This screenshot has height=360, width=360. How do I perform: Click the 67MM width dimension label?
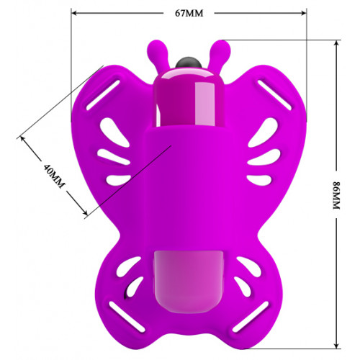tap(189, 13)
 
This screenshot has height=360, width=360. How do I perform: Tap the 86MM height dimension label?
tap(336, 196)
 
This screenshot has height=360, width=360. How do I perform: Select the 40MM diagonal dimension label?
tap(54, 176)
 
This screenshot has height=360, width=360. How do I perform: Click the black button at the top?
tap(189, 63)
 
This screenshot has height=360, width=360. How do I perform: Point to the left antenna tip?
tap(155, 48)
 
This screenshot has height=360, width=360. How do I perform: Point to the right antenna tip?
tap(222, 48)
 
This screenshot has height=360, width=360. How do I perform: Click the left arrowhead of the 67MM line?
tap(74, 13)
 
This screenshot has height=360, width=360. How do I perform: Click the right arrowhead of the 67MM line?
tap(304, 13)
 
